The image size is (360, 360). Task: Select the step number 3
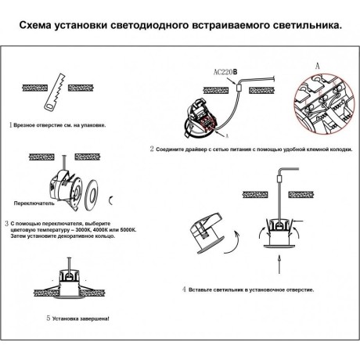pos(6,223)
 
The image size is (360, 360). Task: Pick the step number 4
pos(184,290)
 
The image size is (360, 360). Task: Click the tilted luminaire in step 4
pos(206,234)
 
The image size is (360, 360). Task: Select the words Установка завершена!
pos(82,319)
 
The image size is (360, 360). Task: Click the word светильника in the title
pos(300,25)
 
